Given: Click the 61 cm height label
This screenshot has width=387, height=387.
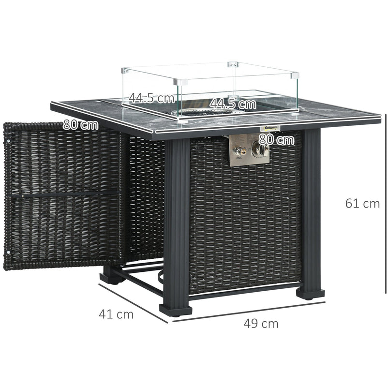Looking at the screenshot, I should (362, 204).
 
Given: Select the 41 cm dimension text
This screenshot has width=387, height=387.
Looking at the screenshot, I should (116, 314).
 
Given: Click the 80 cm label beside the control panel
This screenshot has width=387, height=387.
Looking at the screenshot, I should (276, 140).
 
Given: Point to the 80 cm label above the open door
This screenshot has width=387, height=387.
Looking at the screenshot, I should (80, 124).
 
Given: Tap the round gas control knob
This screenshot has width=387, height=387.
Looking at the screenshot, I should (260, 149).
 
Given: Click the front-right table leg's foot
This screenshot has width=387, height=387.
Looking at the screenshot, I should (310, 292).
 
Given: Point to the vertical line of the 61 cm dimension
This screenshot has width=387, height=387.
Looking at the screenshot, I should (386, 203).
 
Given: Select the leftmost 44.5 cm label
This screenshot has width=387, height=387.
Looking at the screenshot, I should (151, 99).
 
